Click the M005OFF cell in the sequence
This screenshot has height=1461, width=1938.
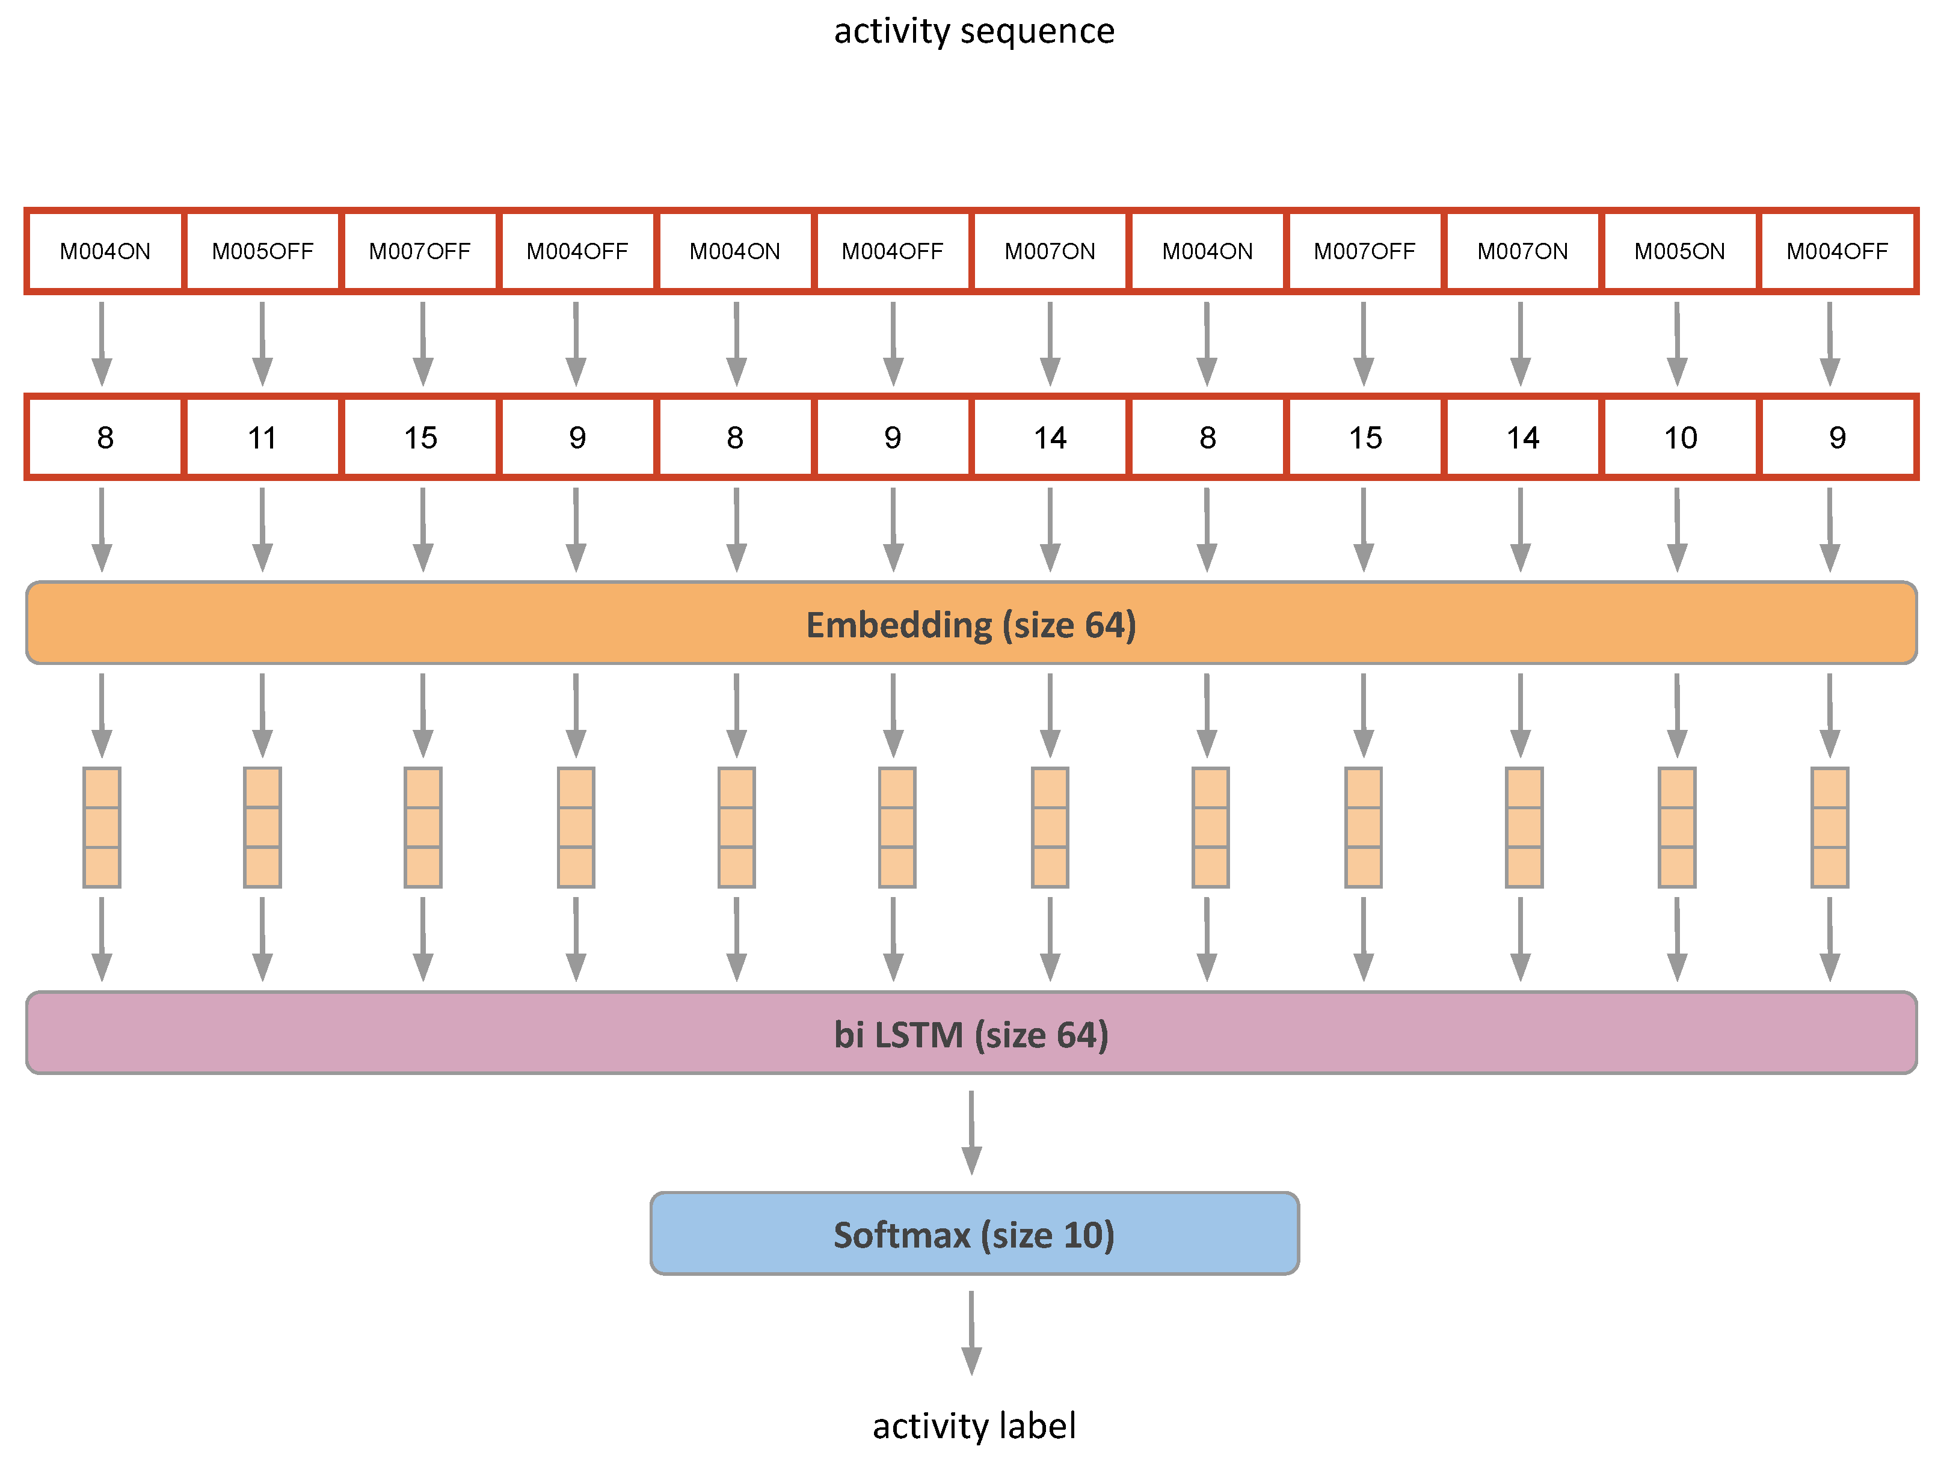[x=262, y=251]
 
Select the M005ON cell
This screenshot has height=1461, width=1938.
[x=1679, y=251]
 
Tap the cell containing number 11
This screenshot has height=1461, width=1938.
[x=262, y=437]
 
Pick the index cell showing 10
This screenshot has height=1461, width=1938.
[x=1679, y=437]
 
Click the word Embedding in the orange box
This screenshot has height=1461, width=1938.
[x=898, y=625]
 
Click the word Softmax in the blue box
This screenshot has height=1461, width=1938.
[x=902, y=1235]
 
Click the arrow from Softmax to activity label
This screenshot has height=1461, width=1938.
[x=971, y=1331]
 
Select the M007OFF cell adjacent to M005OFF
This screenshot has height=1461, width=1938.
[x=420, y=251]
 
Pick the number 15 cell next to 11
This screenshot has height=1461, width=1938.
[x=420, y=437]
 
